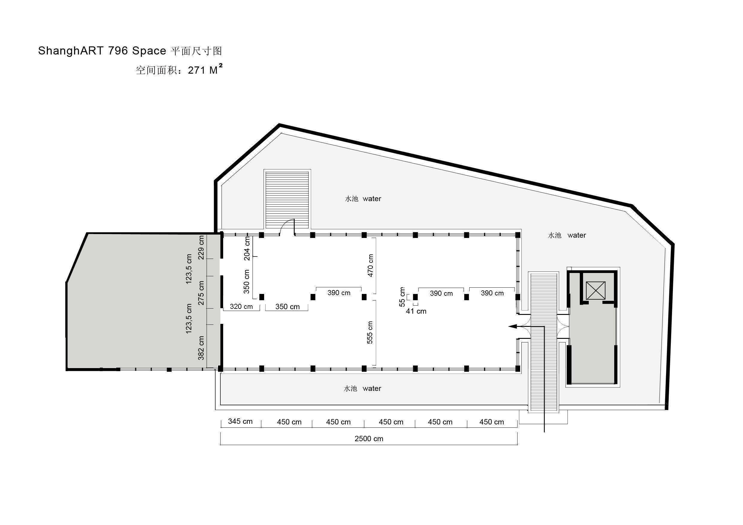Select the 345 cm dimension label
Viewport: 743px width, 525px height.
click(240, 421)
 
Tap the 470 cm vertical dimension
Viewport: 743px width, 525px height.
click(370, 265)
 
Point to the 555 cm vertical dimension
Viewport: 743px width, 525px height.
click(370, 333)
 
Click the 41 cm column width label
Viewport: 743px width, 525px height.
click(416, 312)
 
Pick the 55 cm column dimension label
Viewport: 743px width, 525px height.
click(402, 297)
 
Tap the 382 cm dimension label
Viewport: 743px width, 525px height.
click(201, 348)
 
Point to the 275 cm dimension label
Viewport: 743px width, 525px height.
click(201, 293)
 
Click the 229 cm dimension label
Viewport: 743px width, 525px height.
click(201, 247)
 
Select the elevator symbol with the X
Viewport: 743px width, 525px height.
click(595, 290)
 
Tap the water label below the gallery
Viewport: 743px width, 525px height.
click(372, 389)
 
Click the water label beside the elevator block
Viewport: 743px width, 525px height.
click(577, 236)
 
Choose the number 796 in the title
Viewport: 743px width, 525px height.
click(118, 51)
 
